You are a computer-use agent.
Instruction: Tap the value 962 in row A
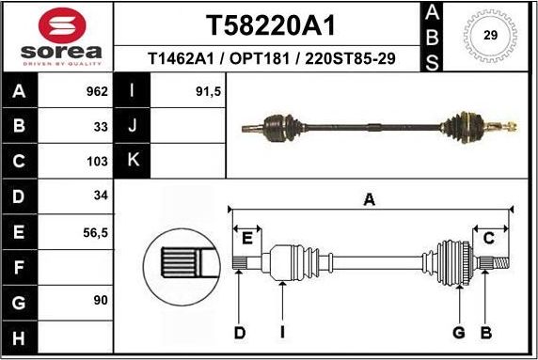click(x=95, y=92)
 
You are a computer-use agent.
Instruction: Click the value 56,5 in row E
click(x=94, y=230)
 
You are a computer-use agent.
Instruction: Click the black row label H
click(x=20, y=337)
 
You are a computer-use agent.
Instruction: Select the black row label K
click(x=133, y=161)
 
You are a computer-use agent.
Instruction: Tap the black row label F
click(x=20, y=267)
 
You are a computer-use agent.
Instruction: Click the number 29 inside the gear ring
click(x=489, y=36)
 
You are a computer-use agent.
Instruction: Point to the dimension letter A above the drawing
click(x=370, y=198)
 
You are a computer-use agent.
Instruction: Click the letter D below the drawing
click(x=239, y=332)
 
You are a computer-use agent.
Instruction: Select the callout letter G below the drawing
click(x=459, y=332)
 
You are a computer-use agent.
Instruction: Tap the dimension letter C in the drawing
click(x=489, y=238)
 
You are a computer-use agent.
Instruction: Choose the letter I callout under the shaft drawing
click(x=282, y=332)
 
